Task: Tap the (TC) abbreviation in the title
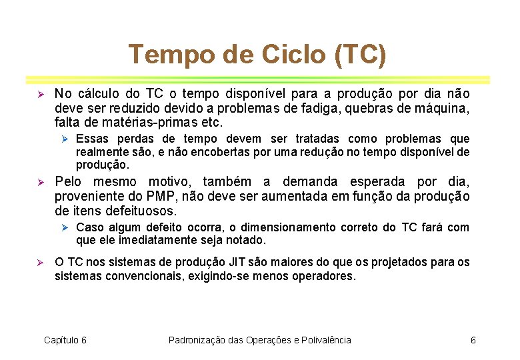coord(361,54)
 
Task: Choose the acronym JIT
coord(236,262)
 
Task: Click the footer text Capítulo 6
coord(65,340)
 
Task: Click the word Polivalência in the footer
coord(325,340)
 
